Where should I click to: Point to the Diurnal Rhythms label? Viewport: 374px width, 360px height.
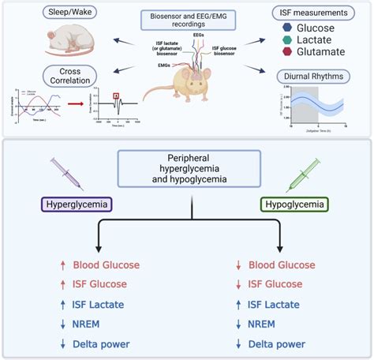[x=318, y=77]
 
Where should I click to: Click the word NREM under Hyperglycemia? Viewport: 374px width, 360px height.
[x=89, y=323]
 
